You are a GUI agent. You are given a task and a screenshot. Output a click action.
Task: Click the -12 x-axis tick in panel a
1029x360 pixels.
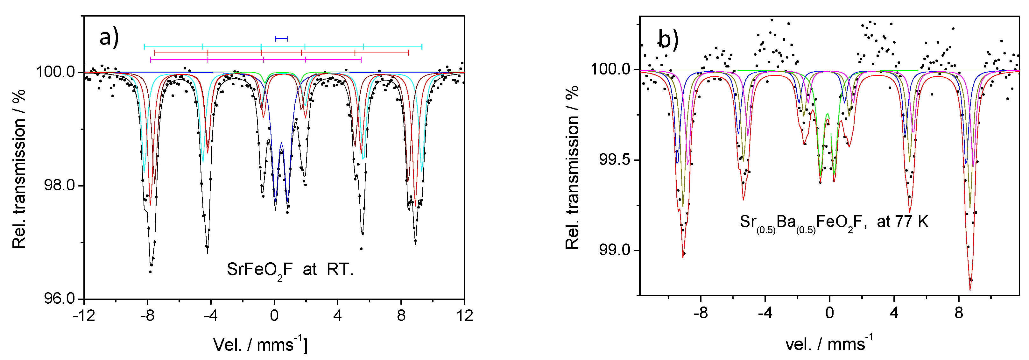point(84,316)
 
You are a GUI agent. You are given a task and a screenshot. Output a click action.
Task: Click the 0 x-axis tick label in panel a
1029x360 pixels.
point(274,316)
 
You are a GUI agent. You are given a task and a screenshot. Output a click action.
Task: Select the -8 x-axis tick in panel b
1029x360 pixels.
point(701,313)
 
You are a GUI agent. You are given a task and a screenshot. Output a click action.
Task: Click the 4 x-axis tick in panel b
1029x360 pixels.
point(894,313)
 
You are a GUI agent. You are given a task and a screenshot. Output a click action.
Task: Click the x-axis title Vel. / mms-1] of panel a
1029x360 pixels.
point(260,344)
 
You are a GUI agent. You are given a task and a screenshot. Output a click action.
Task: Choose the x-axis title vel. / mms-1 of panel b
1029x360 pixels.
point(829,344)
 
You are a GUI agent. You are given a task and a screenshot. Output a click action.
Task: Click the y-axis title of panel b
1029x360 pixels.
point(572,168)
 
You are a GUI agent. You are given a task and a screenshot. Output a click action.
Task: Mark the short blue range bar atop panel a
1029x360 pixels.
point(281,39)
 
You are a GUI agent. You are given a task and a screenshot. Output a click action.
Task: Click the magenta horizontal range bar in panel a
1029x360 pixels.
point(256,60)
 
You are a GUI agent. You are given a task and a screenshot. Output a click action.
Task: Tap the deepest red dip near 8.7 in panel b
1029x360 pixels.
point(970,288)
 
